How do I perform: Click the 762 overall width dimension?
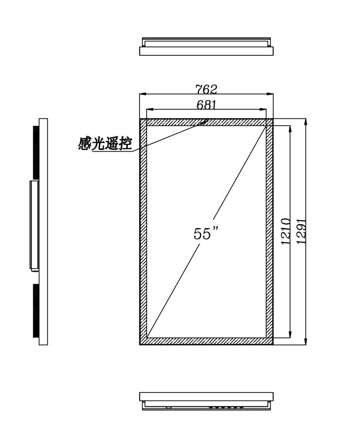click(x=207, y=89)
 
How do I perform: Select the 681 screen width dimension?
click(x=207, y=104)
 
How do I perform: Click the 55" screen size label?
click(x=206, y=233)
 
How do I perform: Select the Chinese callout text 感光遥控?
click(x=105, y=144)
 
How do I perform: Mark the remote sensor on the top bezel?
click(x=204, y=122)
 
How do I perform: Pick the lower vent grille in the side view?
click(x=36, y=310)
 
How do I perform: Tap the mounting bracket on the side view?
click(x=34, y=225)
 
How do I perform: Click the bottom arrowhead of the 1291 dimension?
click(x=306, y=341)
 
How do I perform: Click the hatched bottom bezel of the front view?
click(x=207, y=341)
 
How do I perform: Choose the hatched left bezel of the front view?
click(x=144, y=232)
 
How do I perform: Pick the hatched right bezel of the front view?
click(x=270, y=232)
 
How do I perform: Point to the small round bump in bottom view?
click(x=168, y=407)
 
